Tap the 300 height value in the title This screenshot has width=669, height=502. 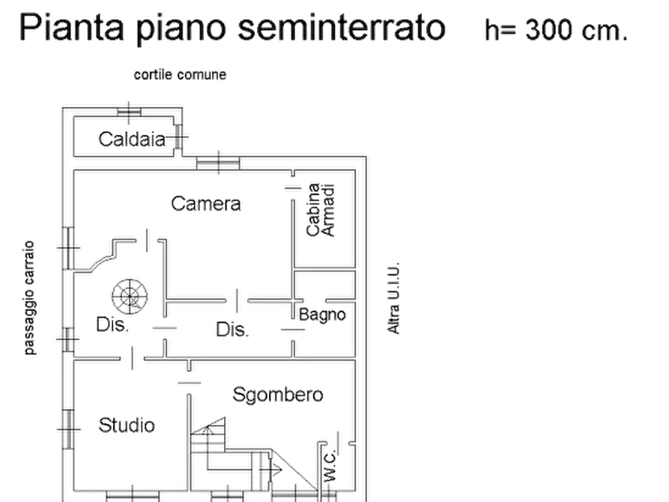point(551,30)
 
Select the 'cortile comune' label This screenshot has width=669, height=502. point(179,75)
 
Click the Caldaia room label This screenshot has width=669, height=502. point(132,139)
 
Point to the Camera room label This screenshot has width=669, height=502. point(207,203)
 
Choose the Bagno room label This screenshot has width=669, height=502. point(323,314)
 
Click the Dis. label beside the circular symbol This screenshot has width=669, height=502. point(114,325)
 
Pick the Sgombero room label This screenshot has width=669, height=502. point(277,394)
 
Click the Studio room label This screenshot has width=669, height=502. point(128,426)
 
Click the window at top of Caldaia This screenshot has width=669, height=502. point(128,111)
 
